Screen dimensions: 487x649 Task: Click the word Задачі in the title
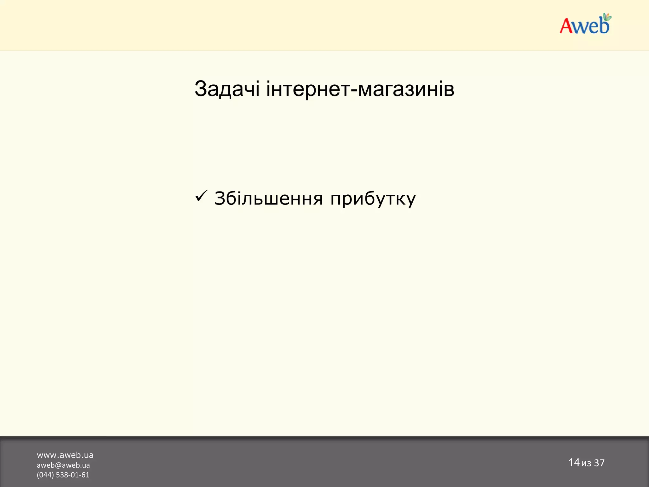(227, 89)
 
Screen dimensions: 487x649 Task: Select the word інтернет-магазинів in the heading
(360, 89)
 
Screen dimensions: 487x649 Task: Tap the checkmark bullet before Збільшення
(201, 196)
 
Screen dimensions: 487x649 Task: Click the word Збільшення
(268, 199)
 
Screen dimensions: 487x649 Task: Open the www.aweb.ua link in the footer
(65, 455)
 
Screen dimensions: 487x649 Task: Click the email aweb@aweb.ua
(63, 465)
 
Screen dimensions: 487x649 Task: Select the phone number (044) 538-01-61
(63, 475)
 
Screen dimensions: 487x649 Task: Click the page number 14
(574, 462)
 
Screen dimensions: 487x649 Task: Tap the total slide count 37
(599, 463)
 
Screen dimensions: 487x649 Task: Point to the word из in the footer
(586, 464)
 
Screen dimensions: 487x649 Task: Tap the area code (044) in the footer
(45, 475)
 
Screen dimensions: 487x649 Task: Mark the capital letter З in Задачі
(201, 89)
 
